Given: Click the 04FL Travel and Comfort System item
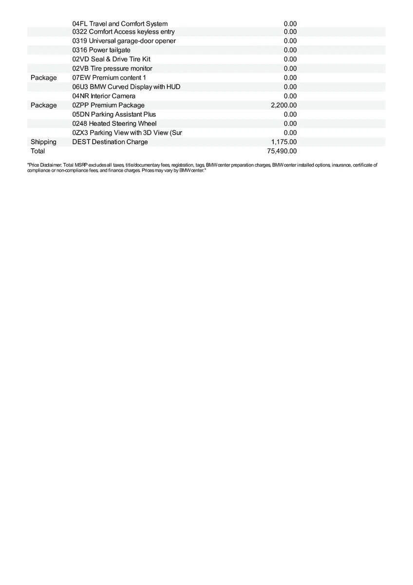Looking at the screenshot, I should [x=120, y=24].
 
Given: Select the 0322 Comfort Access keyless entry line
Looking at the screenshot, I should [x=123, y=32].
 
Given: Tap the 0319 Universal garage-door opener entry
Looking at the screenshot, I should [x=124, y=41].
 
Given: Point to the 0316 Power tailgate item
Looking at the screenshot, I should [x=101, y=50].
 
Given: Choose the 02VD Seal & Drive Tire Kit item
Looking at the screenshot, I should [x=111, y=59].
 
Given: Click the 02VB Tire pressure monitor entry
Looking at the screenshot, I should [x=112, y=69].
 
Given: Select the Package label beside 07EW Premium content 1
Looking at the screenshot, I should [x=43, y=78].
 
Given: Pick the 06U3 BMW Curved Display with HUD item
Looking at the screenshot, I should [x=126, y=87].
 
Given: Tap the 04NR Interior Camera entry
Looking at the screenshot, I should [x=104, y=96].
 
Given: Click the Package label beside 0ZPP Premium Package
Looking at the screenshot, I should [x=43, y=105].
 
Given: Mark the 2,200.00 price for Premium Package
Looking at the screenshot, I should [x=283, y=105].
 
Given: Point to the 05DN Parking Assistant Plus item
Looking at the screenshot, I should [x=114, y=115].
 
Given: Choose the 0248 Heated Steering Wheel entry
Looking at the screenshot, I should [x=114, y=124].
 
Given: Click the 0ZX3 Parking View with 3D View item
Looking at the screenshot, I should [x=127, y=133].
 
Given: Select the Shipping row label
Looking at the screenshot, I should [x=43, y=142].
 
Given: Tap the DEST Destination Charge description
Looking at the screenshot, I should [x=110, y=142].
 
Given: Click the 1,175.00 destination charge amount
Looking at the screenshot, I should [x=283, y=142].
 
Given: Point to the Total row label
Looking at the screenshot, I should [x=38, y=151].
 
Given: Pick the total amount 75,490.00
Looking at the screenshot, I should [x=282, y=151].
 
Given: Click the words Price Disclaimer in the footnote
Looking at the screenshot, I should [x=44, y=165].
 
